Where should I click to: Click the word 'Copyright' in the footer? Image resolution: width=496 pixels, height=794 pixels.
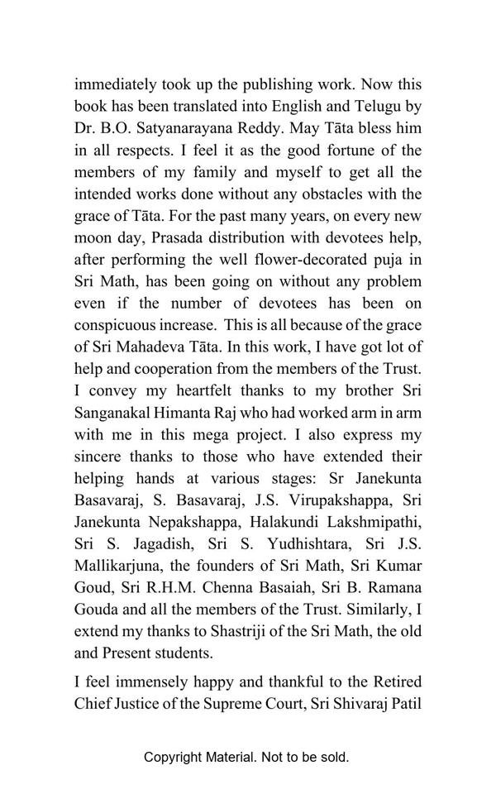(x=173, y=757)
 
